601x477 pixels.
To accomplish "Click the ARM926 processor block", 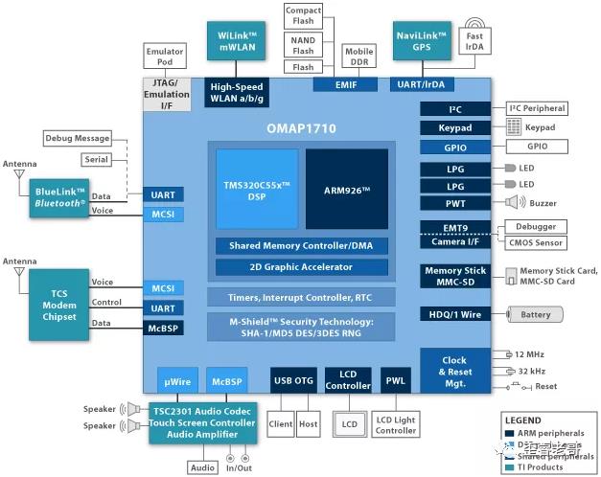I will pyautogui.click(x=347, y=188).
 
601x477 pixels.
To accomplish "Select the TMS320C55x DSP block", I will pyautogui.click(x=256, y=188).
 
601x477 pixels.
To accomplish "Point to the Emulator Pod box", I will pyautogui.click(x=164, y=56).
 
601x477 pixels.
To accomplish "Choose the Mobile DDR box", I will pyautogui.click(x=359, y=57).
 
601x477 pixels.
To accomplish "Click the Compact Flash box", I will pyautogui.click(x=304, y=16).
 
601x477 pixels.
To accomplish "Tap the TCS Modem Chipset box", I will pyautogui.click(x=59, y=304).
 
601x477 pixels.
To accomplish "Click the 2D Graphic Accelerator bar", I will pyautogui.click(x=301, y=267).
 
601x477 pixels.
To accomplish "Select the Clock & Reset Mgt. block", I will pyautogui.click(x=454, y=373).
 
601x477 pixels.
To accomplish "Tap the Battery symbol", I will pyautogui.click(x=536, y=314).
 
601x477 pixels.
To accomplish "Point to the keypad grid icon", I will pyautogui.click(x=514, y=127).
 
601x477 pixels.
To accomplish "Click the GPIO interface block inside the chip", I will pyautogui.click(x=454, y=147).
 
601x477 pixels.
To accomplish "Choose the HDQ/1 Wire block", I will pyautogui.click(x=454, y=314).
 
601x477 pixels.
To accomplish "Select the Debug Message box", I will pyautogui.click(x=78, y=139).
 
